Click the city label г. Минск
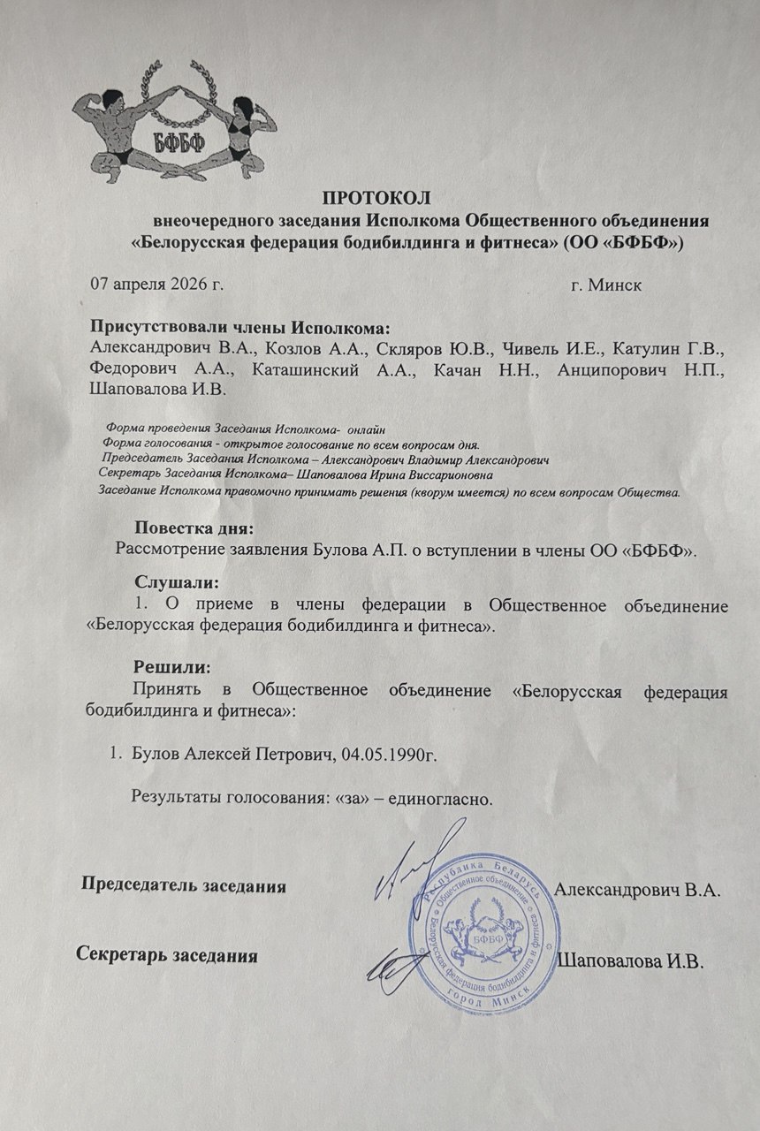point(606,285)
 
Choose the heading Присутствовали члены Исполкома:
point(239,326)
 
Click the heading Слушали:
point(176,583)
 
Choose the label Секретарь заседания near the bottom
point(168,954)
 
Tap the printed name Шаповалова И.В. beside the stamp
point(632,961)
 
